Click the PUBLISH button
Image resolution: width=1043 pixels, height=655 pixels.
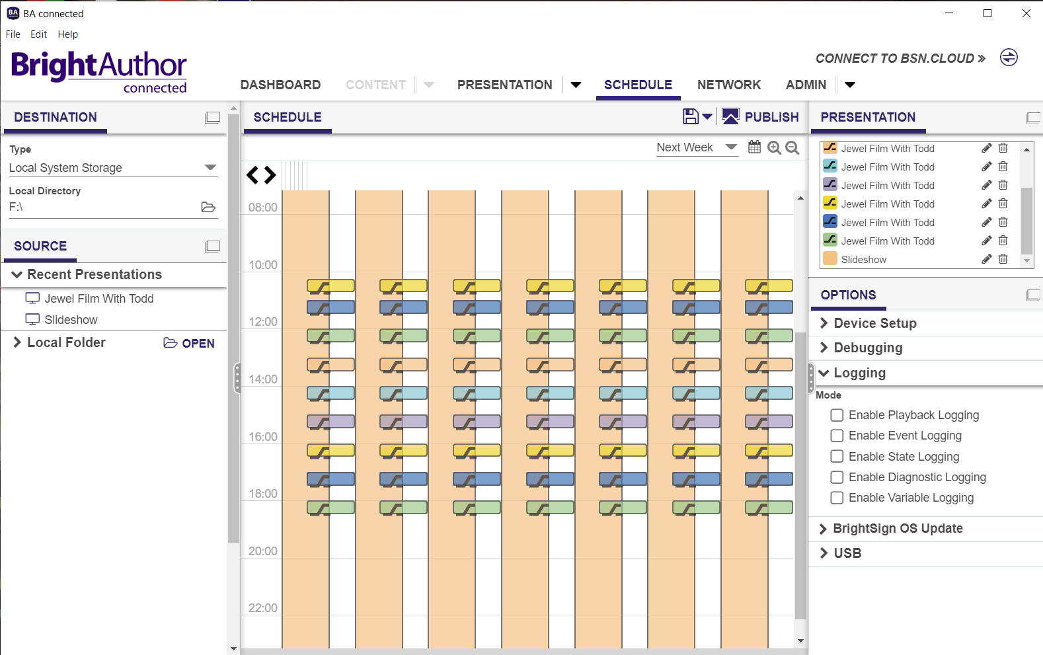pyautogui.click(x=760, y=117)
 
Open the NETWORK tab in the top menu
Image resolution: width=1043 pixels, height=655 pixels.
pyautogui.click(x=728, y=85)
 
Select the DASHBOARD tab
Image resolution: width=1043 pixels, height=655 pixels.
pyautogui.click(x=280, y=85)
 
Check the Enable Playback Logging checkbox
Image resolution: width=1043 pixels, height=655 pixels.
pyautogui.click(x=837, y=415)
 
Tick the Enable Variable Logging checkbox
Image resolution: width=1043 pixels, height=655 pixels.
pyautogui.click(x=837, y=498)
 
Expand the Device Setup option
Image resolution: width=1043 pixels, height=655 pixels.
pyautogui.click(x=874, y=323)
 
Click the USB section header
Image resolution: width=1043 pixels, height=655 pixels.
pyautogui.click(x=847, y=553)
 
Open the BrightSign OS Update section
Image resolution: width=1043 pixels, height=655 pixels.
pyautogui.click(x=897, y=528)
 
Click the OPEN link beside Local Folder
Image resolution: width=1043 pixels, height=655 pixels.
pyautogui.click(x=190, y=343)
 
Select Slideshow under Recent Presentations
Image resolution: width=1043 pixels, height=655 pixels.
pyautogui.click(x=71, y=320)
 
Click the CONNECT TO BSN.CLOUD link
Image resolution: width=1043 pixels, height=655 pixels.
pyautogui.click(x=900, y=58)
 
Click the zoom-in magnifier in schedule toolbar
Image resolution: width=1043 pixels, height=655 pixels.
pyautogui.click(x=774, y=147)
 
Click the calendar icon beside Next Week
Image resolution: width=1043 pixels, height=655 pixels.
pyautogui.click(x=754, y=147)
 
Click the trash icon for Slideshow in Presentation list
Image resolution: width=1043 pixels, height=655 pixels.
pyautogui.click(x=1003, y=259)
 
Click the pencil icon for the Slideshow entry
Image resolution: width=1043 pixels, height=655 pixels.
pyautogui.click(x=986, y=259)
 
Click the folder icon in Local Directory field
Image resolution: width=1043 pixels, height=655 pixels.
pyautogui.click(x=208, y=207)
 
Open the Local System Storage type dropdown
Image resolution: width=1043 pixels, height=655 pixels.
pyautogui.click(x=210, y=167)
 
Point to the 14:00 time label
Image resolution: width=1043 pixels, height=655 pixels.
pyautogui.click(x=262, y=379)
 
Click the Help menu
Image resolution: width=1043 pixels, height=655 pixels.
pyautogui.click(x=67, y=34)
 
